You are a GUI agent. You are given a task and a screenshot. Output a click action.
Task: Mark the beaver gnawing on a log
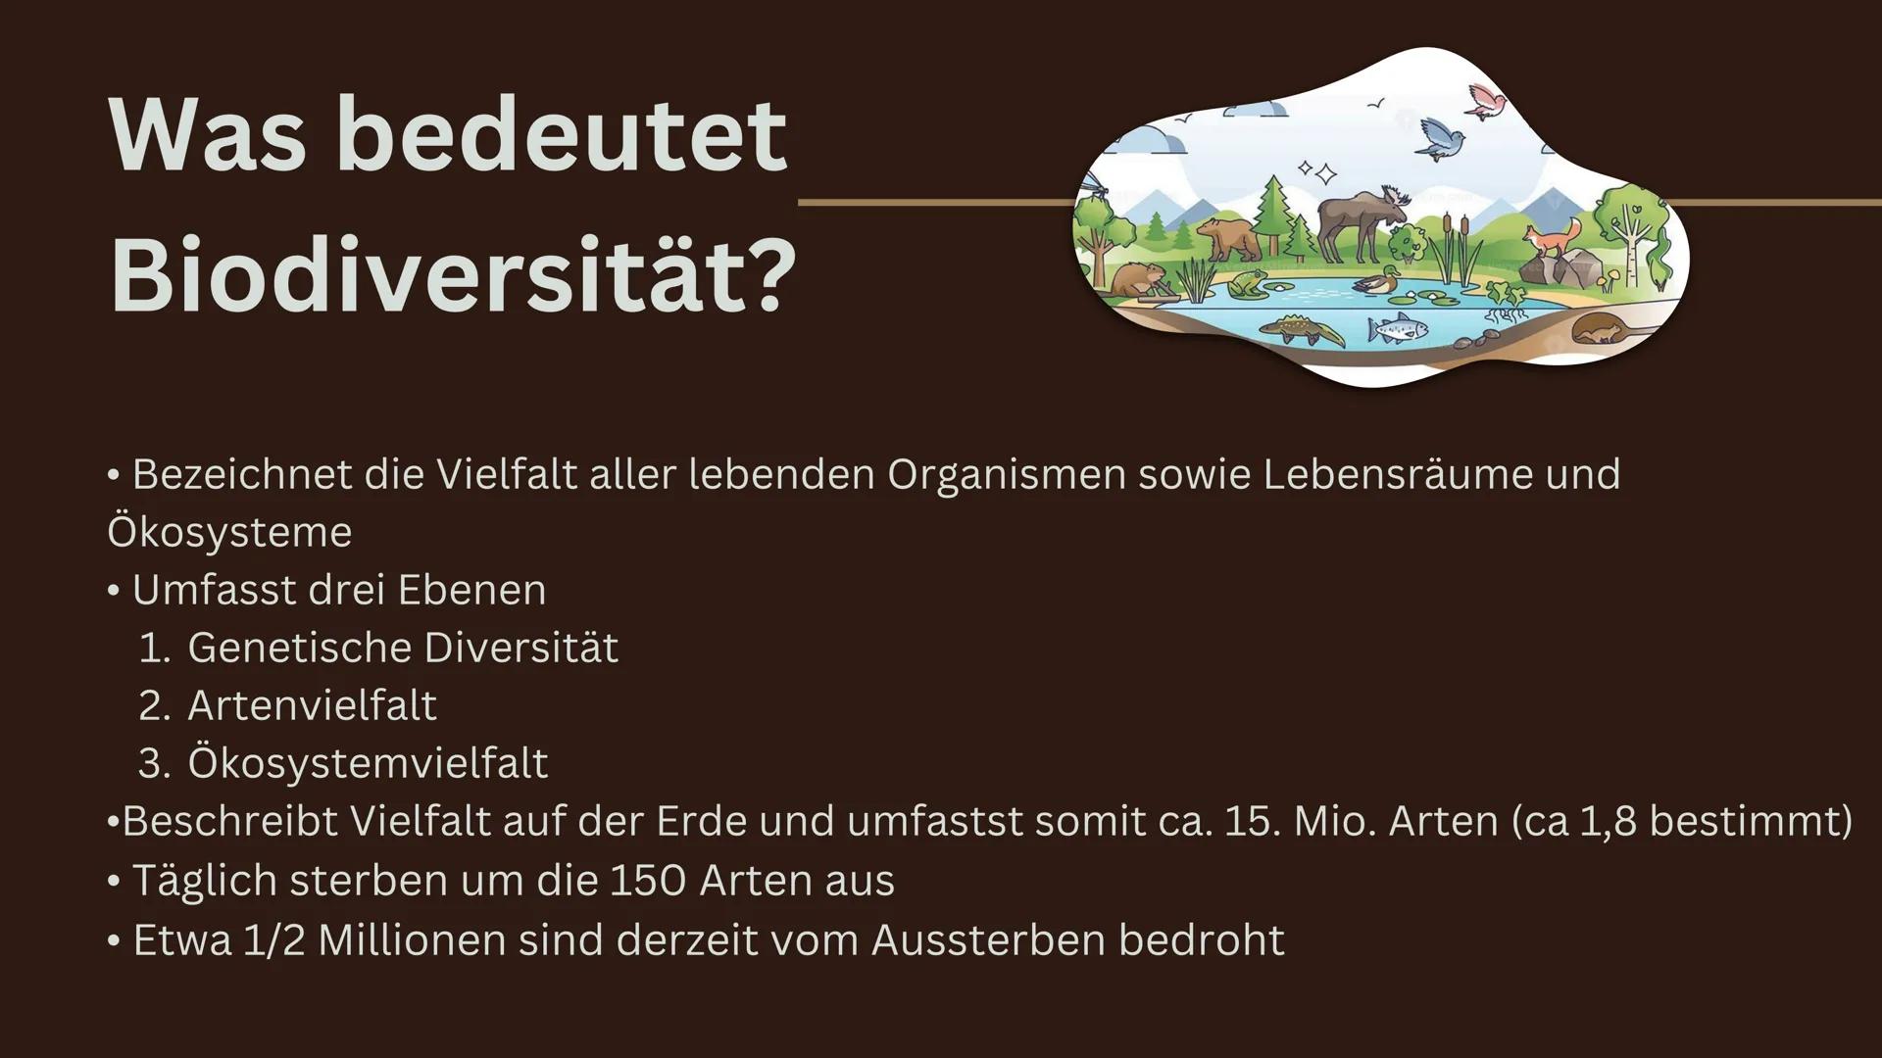pos(1137,281)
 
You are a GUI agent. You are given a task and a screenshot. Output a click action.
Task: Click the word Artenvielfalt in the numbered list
pos(312,705)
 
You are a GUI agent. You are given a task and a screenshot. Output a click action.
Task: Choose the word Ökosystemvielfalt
pos(368,763)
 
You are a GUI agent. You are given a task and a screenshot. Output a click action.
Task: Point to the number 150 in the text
pos(647,880)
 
